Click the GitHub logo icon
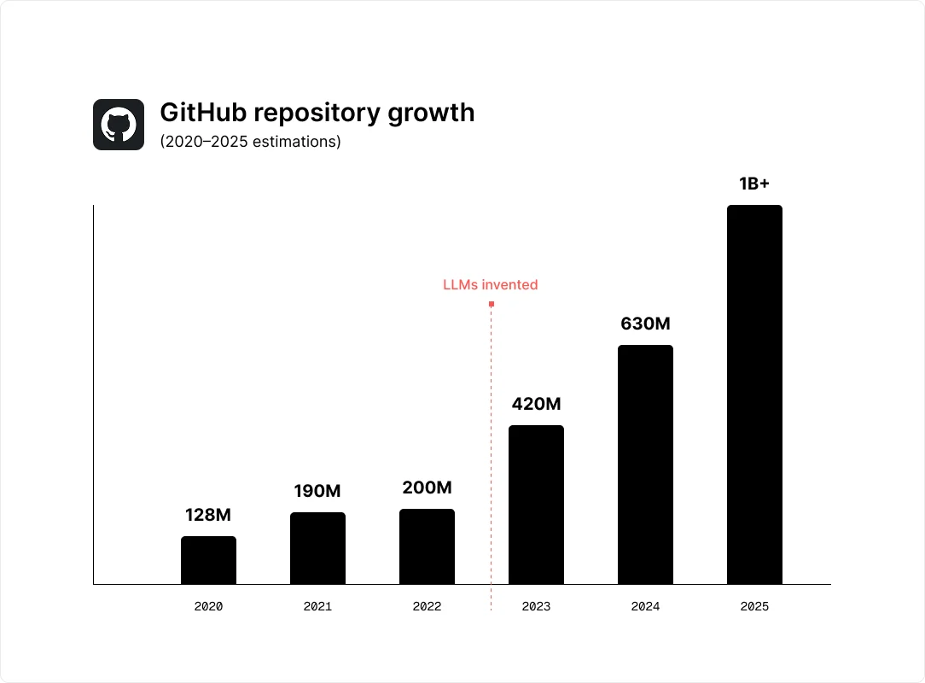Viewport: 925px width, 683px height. coord(119,125)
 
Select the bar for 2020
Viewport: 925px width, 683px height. coord(208,560)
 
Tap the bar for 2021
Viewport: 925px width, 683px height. coord(317,548)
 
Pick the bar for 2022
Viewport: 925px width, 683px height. coord(427,546)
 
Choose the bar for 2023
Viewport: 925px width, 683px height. coord(536,505)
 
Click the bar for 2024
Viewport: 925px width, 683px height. coord(645,464)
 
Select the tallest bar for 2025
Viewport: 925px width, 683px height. coord(754,394)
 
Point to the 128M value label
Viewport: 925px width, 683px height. coord(208,515)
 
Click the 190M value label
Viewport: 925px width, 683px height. coord(317,491)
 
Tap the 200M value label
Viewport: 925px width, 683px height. coord(427,487)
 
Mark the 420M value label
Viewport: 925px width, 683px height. coord(536,404)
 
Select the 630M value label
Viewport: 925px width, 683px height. coord(645,324)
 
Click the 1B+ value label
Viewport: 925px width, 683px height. coord(754,184)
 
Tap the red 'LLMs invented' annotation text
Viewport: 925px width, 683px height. coord(491,284)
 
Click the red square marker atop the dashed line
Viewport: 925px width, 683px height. coord(492,304)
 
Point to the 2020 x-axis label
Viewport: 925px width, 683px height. coord(208,607)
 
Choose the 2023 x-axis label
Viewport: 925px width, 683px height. coord(536,607)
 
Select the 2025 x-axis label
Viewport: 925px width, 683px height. coord(754,607)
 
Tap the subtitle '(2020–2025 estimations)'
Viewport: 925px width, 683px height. coord(250,142)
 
